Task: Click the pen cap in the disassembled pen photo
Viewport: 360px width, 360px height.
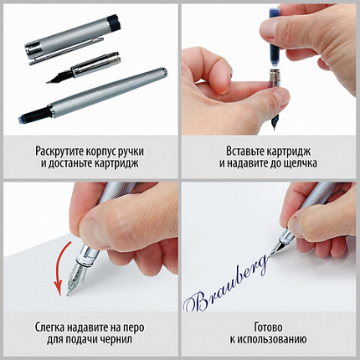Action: point(62,48)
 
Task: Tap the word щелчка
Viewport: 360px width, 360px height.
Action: point(298,164)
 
